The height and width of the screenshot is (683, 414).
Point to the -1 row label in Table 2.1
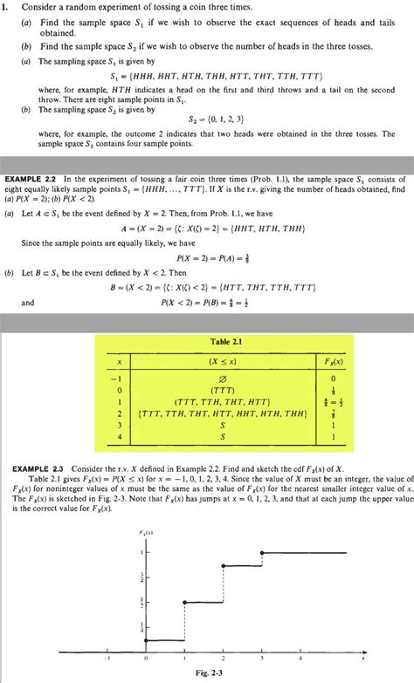[x=114, y=379]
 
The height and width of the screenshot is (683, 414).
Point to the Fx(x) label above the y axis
[x=145, y=531]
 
